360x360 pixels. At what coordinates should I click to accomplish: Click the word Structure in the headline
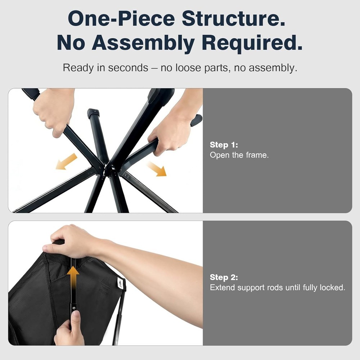(234, 18)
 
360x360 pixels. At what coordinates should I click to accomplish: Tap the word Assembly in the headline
(143, 43)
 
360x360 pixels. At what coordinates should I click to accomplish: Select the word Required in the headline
(252, 42)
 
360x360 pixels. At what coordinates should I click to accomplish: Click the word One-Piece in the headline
(121, 18)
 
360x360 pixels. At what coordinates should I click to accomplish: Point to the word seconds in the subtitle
(128, 68)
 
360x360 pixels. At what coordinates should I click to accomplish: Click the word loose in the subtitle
(188, 68)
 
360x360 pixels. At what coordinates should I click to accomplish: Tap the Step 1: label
(224, 145)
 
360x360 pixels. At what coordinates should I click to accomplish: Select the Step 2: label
(224, 277)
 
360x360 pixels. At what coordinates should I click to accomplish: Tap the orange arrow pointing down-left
(66, 162)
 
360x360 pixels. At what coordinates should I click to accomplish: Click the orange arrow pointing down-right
(157, 169)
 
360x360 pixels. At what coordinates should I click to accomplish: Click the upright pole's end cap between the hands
(94, 113)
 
